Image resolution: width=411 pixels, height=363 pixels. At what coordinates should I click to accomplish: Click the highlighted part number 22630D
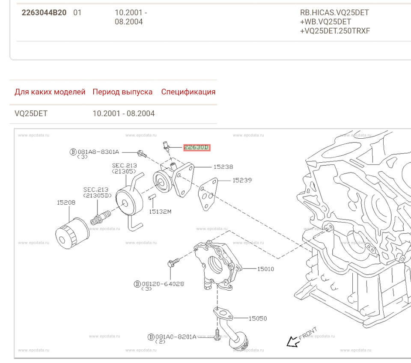click(197, 148)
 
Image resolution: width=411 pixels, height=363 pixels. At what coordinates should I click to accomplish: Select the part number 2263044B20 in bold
click(44, 12)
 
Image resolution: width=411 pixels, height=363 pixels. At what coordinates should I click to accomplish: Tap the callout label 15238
click(224, 167)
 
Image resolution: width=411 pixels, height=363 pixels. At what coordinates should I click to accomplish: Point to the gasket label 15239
click(242, 180)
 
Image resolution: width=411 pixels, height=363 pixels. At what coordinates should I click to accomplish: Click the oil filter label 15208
click(66, 202)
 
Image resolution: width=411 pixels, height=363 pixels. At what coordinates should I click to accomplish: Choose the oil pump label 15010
click(265, 269)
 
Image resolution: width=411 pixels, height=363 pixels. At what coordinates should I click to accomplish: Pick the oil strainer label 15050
click(258, 318)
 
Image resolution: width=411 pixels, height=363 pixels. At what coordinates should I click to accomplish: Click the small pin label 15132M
click(160, 211)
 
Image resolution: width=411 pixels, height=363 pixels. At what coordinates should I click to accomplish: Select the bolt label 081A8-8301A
click(98, 152)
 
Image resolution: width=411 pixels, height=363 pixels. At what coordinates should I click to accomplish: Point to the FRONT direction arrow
click(294, 341)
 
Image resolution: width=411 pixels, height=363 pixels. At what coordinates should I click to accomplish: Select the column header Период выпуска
click(122, 92)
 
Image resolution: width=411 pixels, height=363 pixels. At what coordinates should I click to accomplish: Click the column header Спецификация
click(188, 92)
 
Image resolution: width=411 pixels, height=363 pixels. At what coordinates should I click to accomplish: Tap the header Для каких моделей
click(50, 92)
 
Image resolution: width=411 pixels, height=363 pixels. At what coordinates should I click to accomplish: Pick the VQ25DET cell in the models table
click(31, 113)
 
